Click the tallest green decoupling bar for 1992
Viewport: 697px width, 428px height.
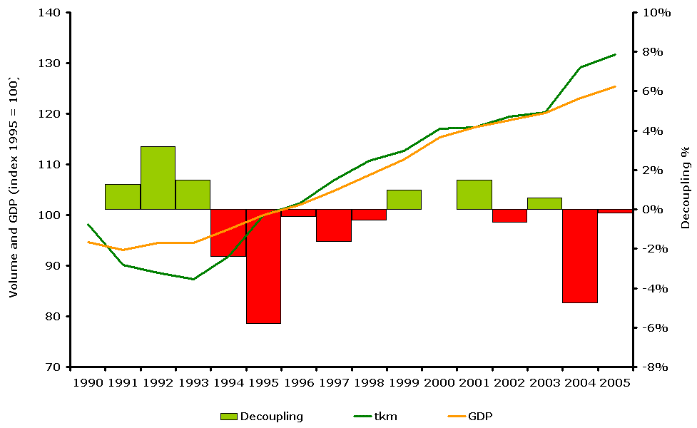click(158, 178)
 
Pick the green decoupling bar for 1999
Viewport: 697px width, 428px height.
click(404, 200)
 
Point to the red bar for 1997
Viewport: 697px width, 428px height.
click(334, 225)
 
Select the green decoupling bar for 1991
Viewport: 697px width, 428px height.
click(123, 197)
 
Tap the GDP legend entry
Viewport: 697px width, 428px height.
click(479, 417)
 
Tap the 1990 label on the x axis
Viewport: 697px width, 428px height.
click(87, 382)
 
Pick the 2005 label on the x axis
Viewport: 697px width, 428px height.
click(615, 382)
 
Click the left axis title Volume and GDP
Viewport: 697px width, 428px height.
click(14, 189)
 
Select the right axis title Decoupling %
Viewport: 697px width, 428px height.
click(685, 188)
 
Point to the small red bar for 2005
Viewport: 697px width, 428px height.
click(615, 211)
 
